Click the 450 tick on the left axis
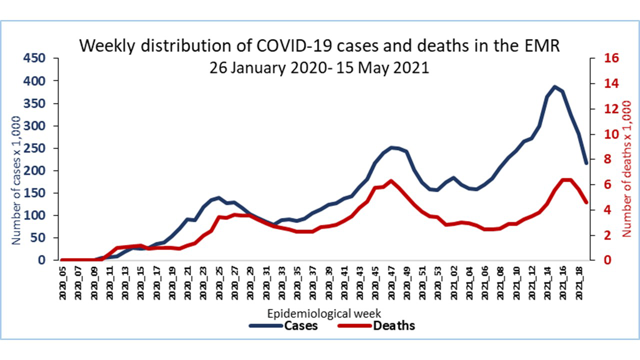pyautogui.click(x=34, y=58)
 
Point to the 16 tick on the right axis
pyautogui.click(x=598, y=58)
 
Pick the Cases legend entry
pyautogui.click(x=283, y=326)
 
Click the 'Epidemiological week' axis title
pyautogui.click(x=324, y=313)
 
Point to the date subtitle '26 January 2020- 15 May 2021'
pyautogui.click(x=319, y=67)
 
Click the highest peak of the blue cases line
pyautogui.click(x=554, y=86)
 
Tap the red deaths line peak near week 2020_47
pyautogui.click(x=391, y=180)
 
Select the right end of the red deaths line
pyautogui.click(x=586, y=202)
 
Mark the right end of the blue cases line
pyautogui.click(x=586, y=163)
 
